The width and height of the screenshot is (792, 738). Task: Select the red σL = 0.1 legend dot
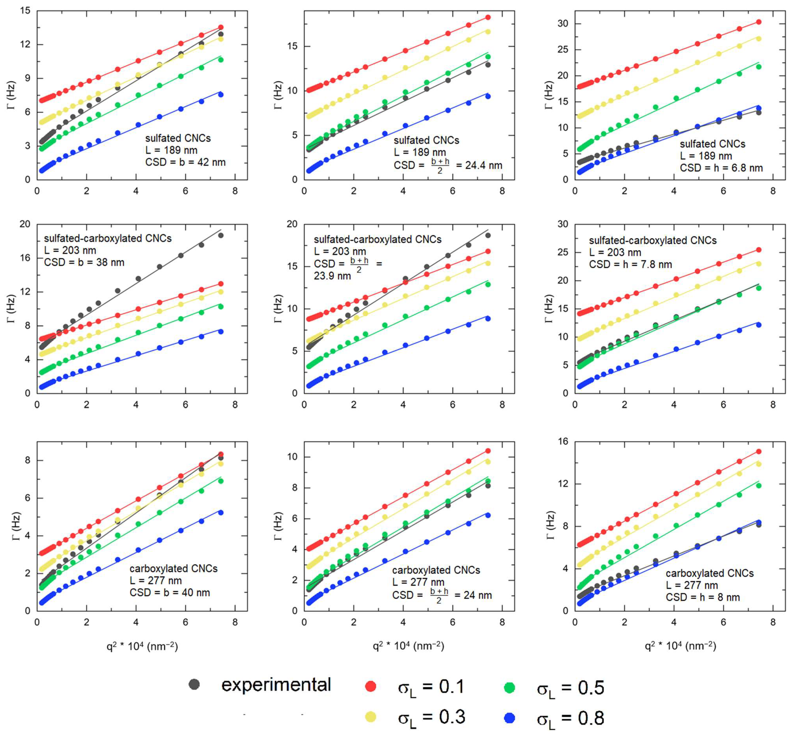(371, 686)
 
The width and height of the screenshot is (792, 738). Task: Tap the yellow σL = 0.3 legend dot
(371, 717)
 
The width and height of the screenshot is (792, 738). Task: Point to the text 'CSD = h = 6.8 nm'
(721, 168)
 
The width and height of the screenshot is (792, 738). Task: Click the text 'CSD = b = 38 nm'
(84, 262)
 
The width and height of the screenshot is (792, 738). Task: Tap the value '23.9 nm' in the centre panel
(332, 276)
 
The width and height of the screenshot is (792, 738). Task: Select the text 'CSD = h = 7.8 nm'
(630, 264)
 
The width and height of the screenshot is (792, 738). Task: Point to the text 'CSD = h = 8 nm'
(703, 597)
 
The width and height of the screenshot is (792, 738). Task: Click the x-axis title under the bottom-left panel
(142, 646)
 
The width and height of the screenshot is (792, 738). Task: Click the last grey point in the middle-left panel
(221, 235)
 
